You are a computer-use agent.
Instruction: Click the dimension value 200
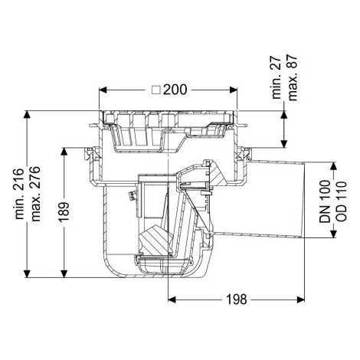point(175,90)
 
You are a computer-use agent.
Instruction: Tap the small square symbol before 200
point(155,90)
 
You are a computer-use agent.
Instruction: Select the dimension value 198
point(237,299)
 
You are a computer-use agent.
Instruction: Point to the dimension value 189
point(64,212)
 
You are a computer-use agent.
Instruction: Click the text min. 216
point(20,194)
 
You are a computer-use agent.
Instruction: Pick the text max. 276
point(35,194)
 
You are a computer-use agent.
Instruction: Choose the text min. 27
point(277,77)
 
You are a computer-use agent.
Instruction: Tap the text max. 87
point(293,77)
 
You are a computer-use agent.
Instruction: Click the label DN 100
point(325,201)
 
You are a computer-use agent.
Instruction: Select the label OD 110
point(341,201)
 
